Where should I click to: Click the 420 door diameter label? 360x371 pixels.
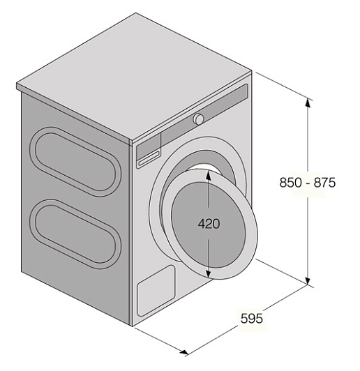209,224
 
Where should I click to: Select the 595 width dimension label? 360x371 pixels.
252,318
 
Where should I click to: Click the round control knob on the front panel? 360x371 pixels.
198,119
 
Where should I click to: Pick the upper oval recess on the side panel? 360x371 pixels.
75,162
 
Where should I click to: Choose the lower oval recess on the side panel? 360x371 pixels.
75,234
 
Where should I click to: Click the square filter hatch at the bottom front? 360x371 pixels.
156,291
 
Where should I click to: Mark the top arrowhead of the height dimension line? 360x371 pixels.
308,104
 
